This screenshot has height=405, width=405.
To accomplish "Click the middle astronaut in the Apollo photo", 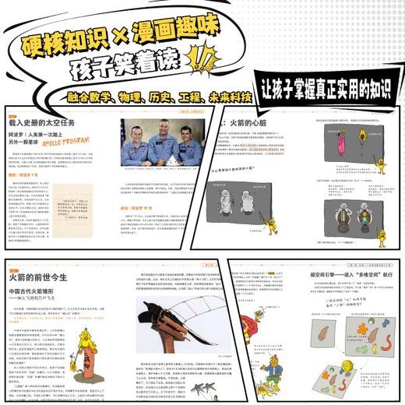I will [x=162, y=140].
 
